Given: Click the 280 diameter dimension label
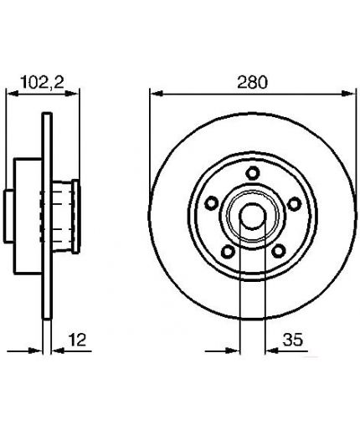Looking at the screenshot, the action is tap(252, 82).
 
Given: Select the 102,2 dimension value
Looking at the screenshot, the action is tap(43, 82).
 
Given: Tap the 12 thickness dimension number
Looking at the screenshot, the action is tap(77, 340).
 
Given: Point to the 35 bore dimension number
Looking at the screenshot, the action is tap(293, 340).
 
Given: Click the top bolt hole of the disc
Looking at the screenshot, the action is tap(253, 173).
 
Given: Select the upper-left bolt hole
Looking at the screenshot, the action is tap(212, 202).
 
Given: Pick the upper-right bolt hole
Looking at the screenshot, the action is tap(294, 204).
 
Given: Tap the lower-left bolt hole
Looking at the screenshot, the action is tap(228, 251).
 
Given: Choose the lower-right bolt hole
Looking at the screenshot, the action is tap(278, 251).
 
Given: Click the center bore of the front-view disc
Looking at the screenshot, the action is tap(253, 216).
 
